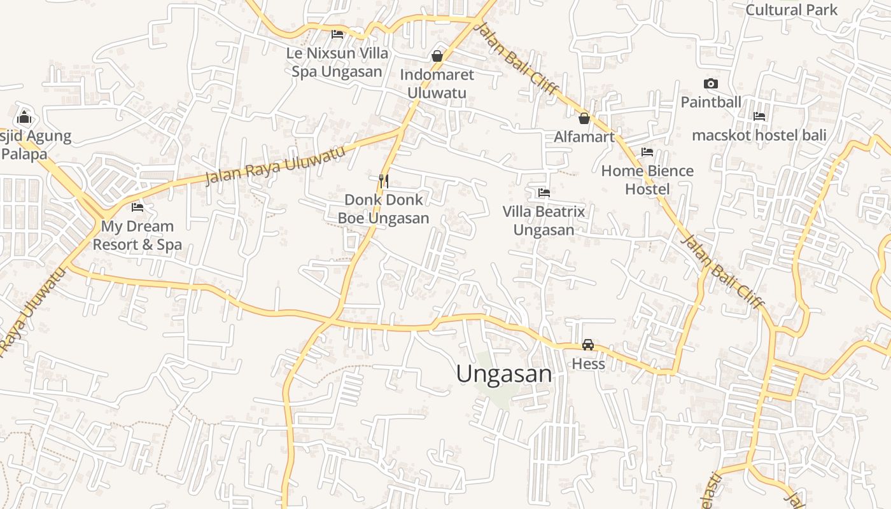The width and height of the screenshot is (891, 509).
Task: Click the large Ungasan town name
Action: (504, 373)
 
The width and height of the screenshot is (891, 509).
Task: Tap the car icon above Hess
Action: (588, 345)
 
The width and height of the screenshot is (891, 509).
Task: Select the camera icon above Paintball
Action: (711, 83)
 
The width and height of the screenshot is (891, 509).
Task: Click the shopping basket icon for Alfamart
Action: (584, 118)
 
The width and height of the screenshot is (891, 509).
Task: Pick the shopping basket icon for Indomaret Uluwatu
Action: (437, 56)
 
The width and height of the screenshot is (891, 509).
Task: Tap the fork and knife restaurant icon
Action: (383, 181)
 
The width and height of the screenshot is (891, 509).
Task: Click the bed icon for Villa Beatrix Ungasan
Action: (544, 192)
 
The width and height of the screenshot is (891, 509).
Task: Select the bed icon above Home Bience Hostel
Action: (647, 152)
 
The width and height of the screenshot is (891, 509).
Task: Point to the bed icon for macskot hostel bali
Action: (759, 116)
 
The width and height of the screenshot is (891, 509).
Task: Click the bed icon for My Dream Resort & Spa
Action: (137, 207)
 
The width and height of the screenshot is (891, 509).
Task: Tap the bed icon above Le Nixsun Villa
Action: (337, 34)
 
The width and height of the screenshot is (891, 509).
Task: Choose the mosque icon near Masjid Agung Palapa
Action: (24, 117)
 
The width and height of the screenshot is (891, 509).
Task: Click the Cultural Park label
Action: (792, 10)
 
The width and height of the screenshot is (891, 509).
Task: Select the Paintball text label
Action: (711, 102)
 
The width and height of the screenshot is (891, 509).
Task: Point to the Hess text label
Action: (588, 364)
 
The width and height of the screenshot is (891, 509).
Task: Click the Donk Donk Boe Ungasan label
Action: (383, 209)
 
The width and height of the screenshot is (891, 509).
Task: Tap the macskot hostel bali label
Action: (759, 135)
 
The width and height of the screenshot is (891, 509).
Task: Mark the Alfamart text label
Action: (584, 137)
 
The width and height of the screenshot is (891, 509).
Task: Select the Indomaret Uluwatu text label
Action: (437, 83)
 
